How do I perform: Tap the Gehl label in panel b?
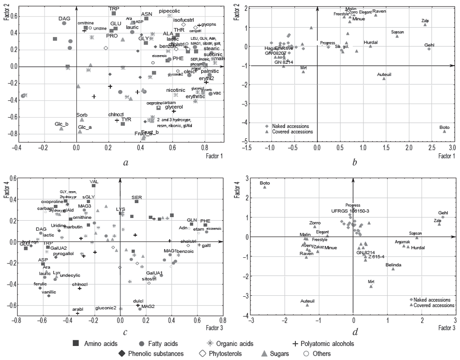pyautogui.click(x=430, y=45)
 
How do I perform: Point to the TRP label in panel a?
pyautogui.click(x=114, y=8)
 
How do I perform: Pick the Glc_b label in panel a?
pyautogui.click(x=61, y=124)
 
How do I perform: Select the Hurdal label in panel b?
pyautogui.click(x=370, y=42)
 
